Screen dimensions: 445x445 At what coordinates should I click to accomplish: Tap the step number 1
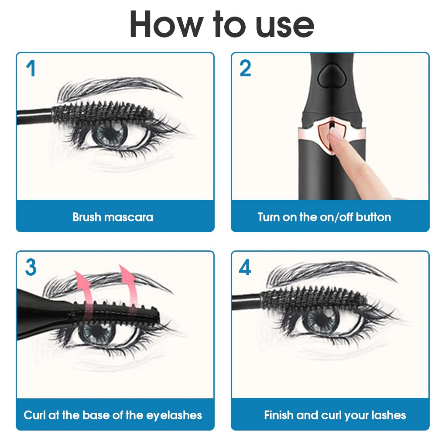(x=30, y=69)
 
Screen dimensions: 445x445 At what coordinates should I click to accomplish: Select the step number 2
(x=245, y=69)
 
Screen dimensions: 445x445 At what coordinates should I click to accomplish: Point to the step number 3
(x=31, y=267)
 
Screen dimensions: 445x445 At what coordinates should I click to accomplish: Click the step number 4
(x=245, y=267)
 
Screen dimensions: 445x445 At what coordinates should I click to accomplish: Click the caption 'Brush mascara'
(x=113, y=217)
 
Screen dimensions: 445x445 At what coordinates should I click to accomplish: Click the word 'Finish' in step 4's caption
(x=279, y=414)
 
